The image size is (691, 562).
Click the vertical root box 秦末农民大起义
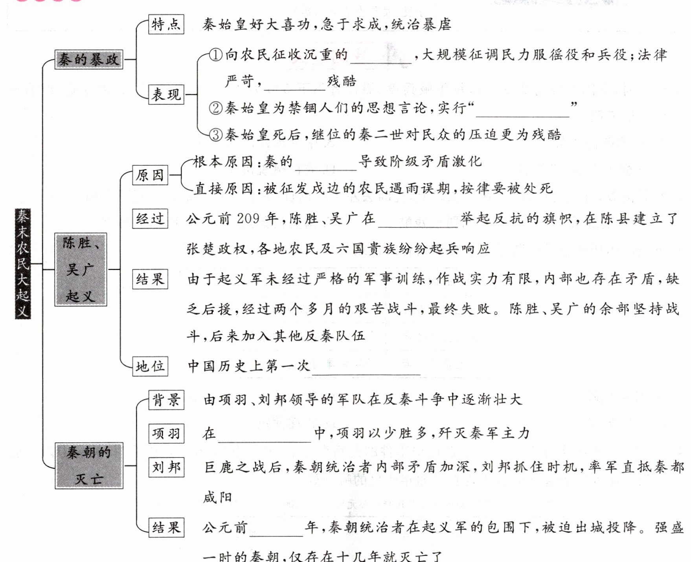23,264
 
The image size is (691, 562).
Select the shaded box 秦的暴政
88,60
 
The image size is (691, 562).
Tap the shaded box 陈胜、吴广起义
81,269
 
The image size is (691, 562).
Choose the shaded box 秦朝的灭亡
89,466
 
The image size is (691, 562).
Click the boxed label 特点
166,24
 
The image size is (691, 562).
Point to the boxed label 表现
166,94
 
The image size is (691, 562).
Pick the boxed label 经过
150,218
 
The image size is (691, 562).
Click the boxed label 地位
150,366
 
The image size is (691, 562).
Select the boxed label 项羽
166,434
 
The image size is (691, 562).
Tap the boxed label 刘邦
166,467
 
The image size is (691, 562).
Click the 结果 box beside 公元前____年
166,527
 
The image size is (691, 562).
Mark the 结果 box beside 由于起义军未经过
150,279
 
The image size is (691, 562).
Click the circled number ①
215,55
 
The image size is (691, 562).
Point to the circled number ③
215,135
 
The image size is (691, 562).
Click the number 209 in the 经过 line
248,218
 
